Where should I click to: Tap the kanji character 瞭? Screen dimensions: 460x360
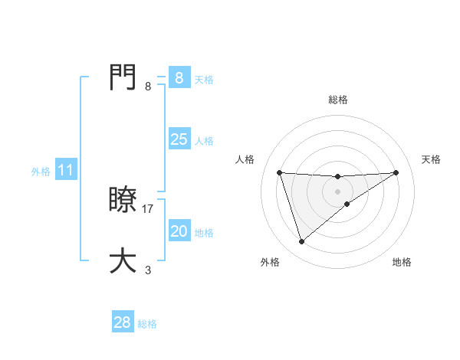(123, 201)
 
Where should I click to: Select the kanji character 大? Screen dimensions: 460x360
(123, 260)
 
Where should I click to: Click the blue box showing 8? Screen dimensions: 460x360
(179, 77)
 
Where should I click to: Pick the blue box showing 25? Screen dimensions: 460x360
(179, 139)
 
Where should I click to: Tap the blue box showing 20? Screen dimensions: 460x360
(179, 231)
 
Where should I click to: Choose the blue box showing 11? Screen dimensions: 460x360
(66, 171)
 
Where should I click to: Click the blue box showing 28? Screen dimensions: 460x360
(123, 322)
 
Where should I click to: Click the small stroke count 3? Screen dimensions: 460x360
(148, 270)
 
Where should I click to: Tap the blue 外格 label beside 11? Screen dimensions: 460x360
(41, 172)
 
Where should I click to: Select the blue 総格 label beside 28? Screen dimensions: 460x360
(147, 324)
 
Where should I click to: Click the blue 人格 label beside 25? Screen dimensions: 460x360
(204, 141)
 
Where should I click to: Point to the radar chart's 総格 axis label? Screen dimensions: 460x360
(337, 100)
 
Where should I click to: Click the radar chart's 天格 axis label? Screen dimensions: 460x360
(431, 159)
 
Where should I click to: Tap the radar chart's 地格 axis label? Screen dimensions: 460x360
(402, 262)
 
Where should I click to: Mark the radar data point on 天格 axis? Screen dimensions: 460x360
(396, 172)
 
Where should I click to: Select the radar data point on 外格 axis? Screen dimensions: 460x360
(301, 242)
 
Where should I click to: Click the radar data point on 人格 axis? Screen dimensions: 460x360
(279, 172)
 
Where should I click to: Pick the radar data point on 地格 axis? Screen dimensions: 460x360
(347, 204)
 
